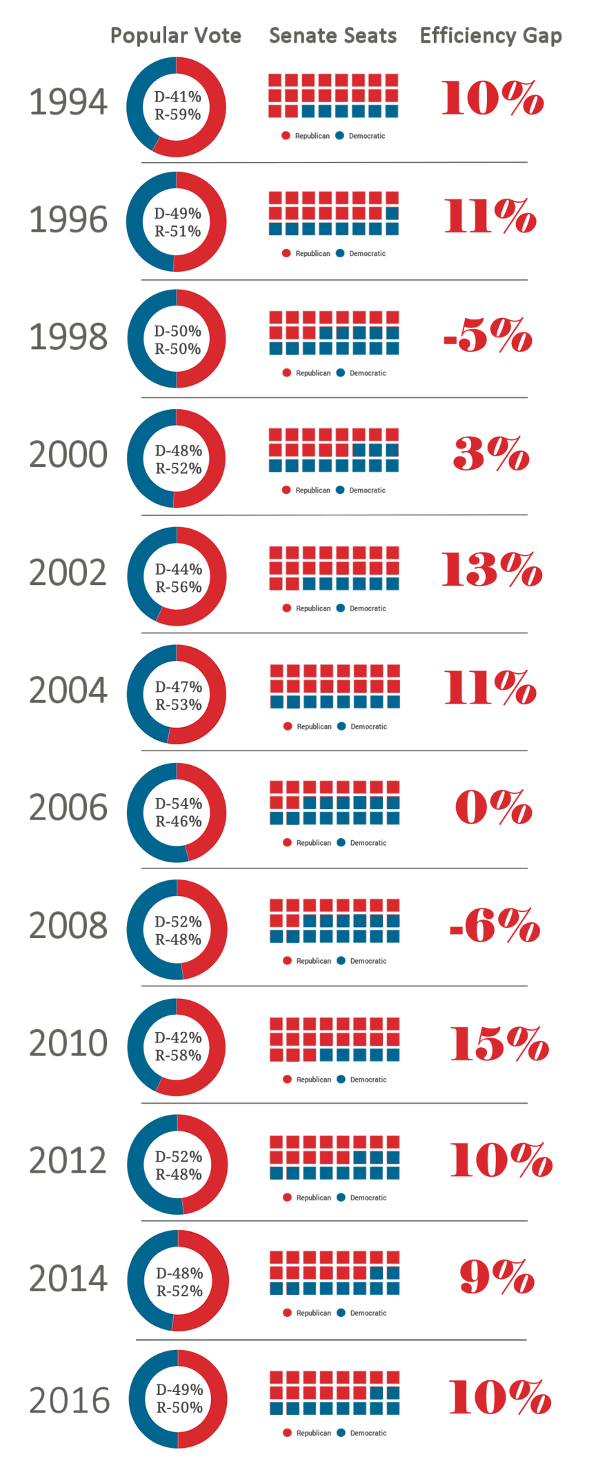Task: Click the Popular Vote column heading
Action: (176, 35)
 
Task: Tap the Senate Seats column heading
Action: (332, 35)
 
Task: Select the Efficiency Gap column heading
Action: (490, 35)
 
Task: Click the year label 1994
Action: (68, 102)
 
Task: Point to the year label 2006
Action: (68, 808)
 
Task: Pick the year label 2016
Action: (70, 1400)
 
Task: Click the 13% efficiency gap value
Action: (492, 570)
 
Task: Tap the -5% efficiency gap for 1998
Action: (488, 336)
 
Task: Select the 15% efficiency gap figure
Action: (499, 1043)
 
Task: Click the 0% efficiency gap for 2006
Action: (494, 806)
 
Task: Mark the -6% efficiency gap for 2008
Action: (495, 925)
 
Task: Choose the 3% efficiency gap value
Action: (491, 454)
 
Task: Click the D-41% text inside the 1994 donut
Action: (177, 97)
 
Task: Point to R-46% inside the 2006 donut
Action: (179, 822)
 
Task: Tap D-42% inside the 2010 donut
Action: (178, 1037)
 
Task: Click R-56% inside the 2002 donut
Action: (179, 587)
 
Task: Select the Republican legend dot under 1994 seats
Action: (286, 136)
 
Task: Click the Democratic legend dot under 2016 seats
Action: (341, 1433)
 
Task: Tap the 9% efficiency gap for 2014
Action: (497, 1277)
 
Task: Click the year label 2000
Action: (68, 455)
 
